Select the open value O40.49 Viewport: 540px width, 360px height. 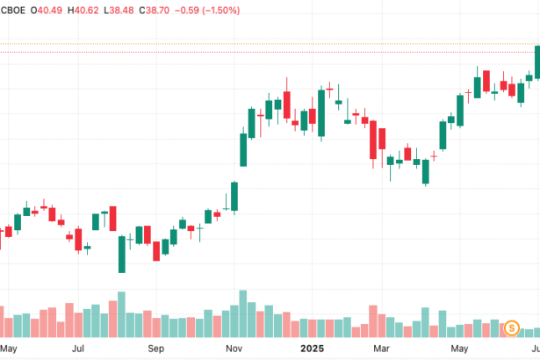47,11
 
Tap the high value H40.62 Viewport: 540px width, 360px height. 86,11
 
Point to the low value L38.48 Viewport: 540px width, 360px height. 125,11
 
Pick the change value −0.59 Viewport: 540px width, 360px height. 199,11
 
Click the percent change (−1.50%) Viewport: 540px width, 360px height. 240,11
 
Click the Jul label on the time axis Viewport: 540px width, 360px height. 78,349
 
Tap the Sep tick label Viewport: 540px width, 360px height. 156,349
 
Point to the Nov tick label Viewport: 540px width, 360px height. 234,349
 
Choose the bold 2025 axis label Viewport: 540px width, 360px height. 312,349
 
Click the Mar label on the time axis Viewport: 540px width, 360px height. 382,349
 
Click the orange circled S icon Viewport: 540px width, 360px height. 511,328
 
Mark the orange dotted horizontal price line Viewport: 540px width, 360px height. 263,43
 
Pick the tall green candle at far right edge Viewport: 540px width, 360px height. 536,61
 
